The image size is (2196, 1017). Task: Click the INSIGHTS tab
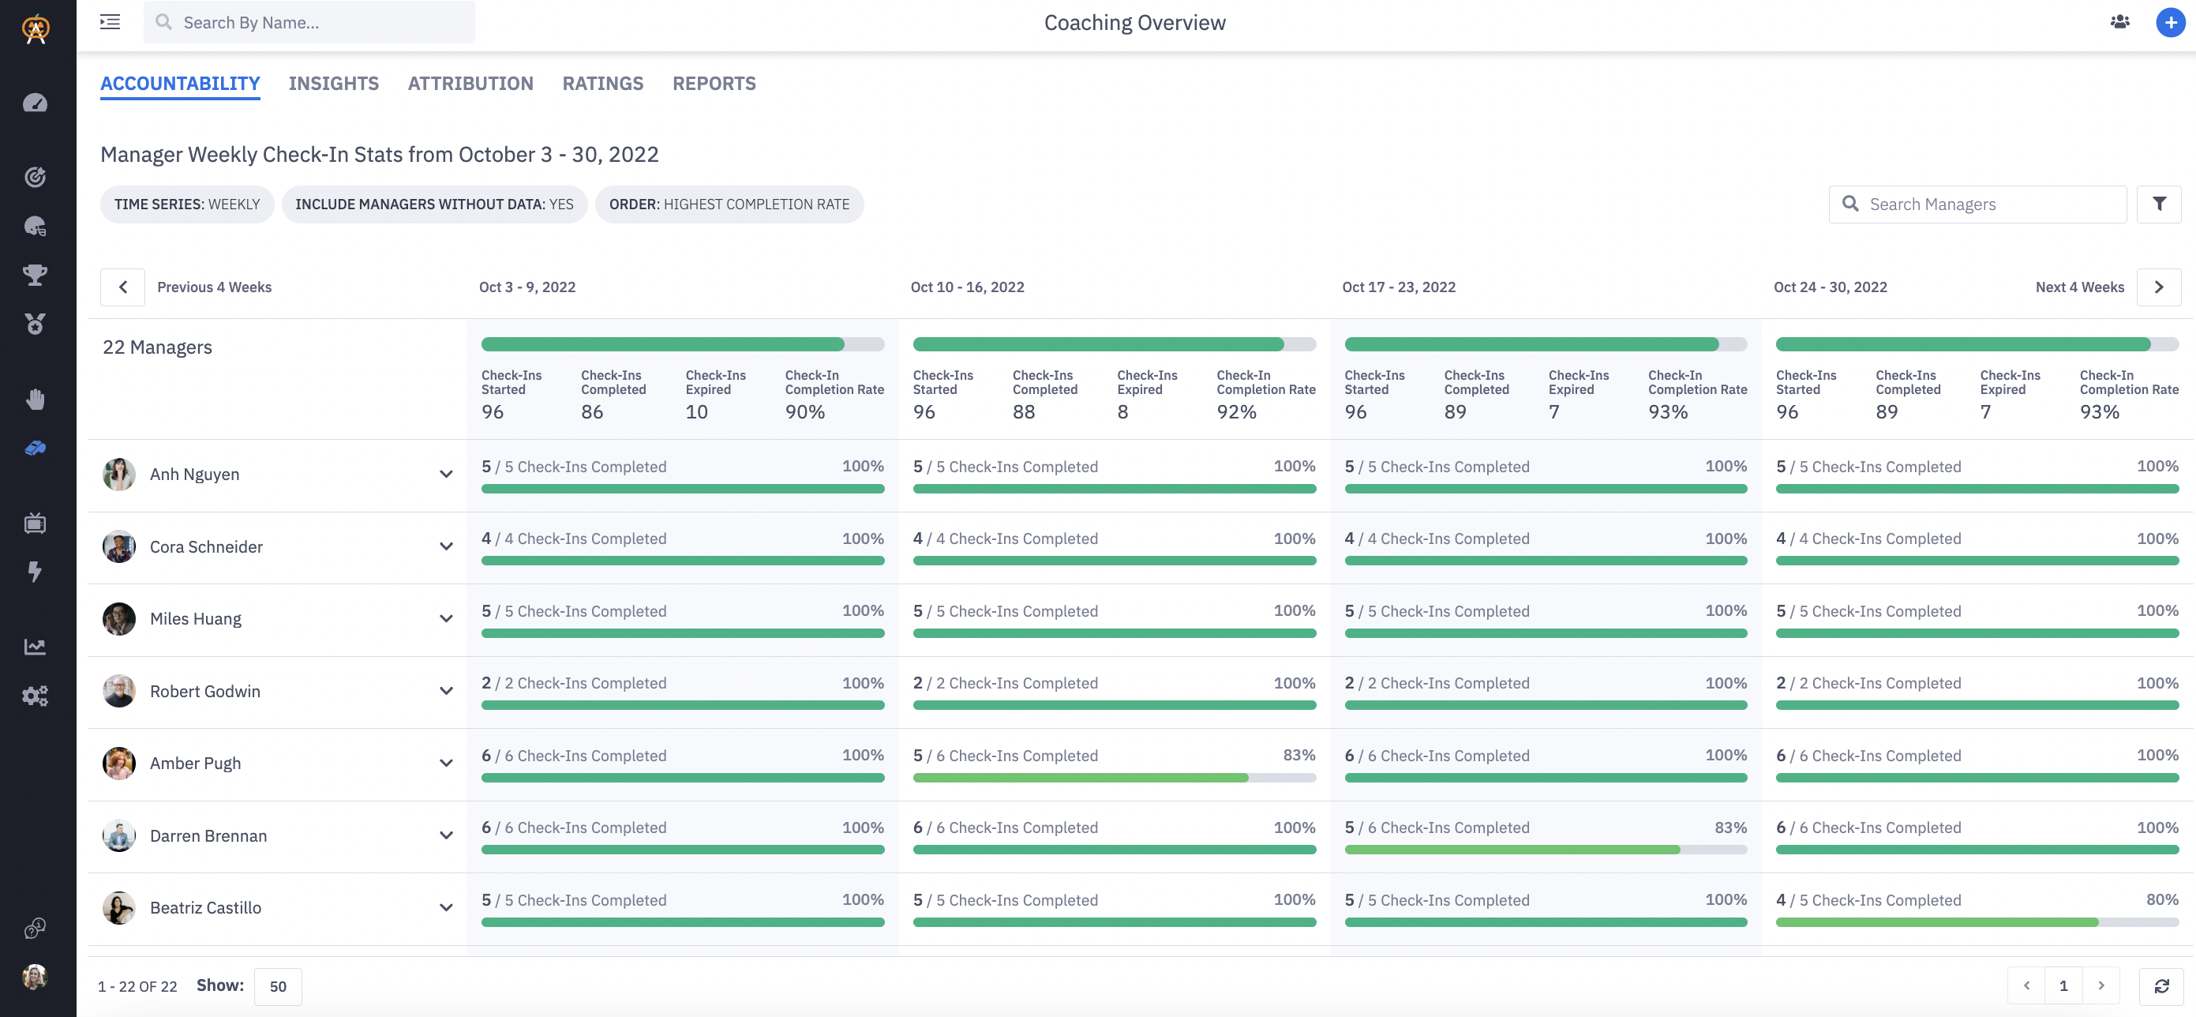tap(333, 84)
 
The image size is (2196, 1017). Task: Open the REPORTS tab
tap(714, 84)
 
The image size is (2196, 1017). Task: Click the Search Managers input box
tap(1986, 205)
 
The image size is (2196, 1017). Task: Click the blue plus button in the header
tap(2170, 23)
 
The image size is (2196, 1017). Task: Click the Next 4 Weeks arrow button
tap(2158, 287)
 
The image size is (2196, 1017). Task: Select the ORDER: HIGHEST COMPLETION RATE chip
tap(729, 205)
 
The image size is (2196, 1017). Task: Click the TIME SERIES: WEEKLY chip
tap(187, 205)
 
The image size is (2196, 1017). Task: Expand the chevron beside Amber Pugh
tap(446, 763)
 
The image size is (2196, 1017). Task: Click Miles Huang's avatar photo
tap(119, 619)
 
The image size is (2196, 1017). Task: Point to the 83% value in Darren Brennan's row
tap(1729, 827)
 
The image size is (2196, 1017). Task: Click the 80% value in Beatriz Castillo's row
tap(2161, 899)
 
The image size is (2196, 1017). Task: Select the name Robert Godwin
tap(205, 692)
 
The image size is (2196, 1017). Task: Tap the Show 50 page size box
tap(278, 986)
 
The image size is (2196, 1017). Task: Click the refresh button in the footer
tap(2161, 986)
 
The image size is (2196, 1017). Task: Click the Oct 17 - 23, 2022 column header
tap(1398, 287)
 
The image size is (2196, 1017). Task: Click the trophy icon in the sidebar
tap(35, 275)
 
